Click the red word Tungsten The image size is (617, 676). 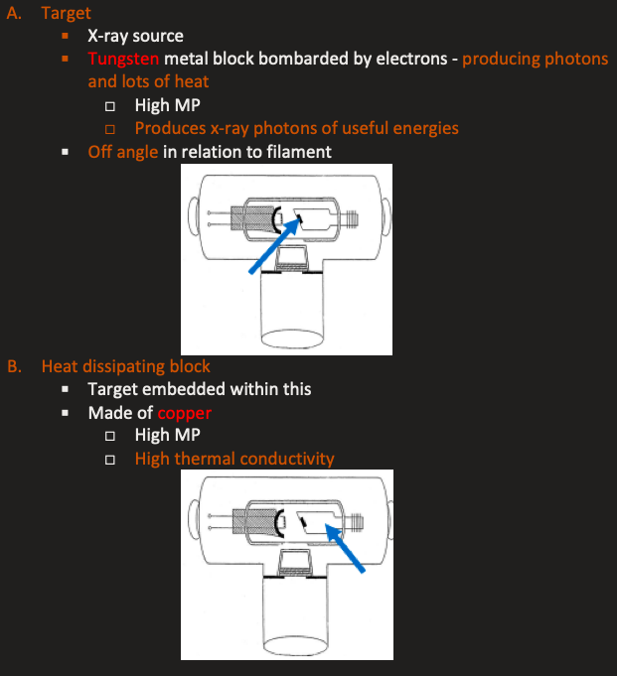[123, 59]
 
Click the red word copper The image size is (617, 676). [184, 412]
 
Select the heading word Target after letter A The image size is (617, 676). [66, 13]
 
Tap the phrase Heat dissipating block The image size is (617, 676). [125, 366]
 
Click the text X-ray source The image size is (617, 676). [135, 36]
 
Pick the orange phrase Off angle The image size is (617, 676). [123, 152]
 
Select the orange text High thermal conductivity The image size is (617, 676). [234, 458]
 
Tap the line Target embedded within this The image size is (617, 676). [199, 389]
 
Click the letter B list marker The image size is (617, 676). [14, 366]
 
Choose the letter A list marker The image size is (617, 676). [14, 13]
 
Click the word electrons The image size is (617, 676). [407, 59]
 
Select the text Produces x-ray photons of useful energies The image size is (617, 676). [296, 128]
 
